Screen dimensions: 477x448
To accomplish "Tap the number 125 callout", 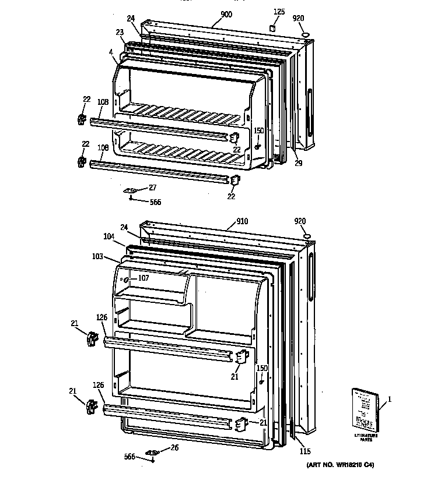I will [279, 12].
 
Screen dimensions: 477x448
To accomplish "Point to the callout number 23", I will [120, 33].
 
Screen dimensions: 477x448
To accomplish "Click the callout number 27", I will [152, 187].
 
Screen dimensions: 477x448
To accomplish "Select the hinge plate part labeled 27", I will [131, 190].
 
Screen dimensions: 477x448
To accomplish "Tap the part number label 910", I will [242, 222].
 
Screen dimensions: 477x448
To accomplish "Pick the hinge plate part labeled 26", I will [153, 452].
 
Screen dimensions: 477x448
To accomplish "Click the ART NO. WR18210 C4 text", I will [339, 465].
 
